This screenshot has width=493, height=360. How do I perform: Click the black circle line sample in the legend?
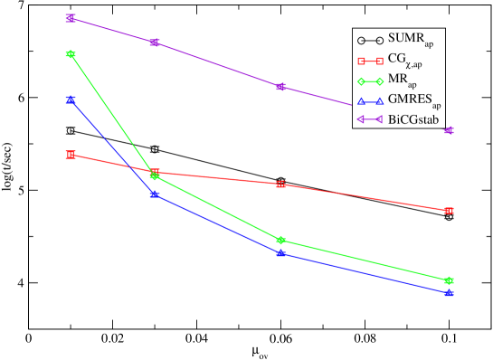pos(369,40)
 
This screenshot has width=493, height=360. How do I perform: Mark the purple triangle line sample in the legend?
pos(369,118)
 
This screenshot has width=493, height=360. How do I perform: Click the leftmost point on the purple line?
pos(71,18)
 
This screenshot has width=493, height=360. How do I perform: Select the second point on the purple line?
pos(155,43)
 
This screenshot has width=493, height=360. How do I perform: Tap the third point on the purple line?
pos(281,87)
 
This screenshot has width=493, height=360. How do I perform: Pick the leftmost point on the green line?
pos(71,54)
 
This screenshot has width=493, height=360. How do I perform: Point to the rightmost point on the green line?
pos(450,280)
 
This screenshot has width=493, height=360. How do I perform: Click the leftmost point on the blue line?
pos(71,99)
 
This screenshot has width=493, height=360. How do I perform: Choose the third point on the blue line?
pos(281,253)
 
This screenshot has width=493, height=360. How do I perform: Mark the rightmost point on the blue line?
pos(450,293)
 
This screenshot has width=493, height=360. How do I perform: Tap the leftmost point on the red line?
pos(71,155)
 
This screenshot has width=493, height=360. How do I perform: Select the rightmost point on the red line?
pos(450,211)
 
